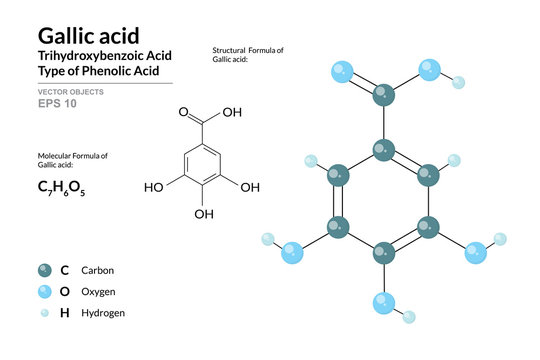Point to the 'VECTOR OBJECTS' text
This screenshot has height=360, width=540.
(x=71, y=91)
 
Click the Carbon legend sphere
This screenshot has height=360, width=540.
(x=45, y=270)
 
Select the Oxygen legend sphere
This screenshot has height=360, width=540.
(x=45, y=291)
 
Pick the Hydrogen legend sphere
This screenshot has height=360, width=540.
(x=45, y=313)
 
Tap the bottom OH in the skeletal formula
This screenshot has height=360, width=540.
(x=203, y=213)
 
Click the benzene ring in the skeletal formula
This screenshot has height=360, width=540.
(x=203, y=163)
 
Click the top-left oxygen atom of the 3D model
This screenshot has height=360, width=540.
(x=341, y=71)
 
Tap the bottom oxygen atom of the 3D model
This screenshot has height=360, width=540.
(x=383, y=302)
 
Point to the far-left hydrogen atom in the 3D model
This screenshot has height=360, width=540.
(x=268, y=239)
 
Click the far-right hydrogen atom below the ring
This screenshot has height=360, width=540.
(x=499, y=239)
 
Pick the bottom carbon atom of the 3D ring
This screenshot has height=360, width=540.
(x=383, y=253)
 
